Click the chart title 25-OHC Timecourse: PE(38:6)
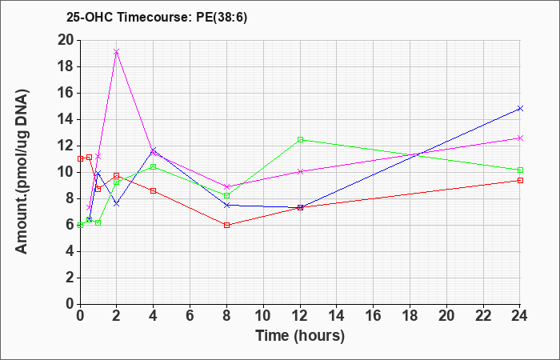click(x=157, y=18)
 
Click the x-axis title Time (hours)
click(x=300, y=336)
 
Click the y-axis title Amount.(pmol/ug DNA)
click(x=22, y=172)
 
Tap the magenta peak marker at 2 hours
click(x=117, y=52)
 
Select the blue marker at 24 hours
click(x=520, y=108)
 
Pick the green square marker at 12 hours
click(x=300, y=140)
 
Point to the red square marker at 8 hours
click(x=226, y=225)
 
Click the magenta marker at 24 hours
click(x=520, y=138)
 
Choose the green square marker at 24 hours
click(x=520, y=170)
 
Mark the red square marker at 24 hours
click(x=520, y=180)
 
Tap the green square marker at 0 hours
click(x=80, y=225)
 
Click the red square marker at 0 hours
click(x=80, y=158)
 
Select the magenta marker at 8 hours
click(x=226, y=186)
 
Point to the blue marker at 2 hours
click(x=117, y=204)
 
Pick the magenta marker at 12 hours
click(x=300, y=171)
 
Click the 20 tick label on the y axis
click(x=66, y=40)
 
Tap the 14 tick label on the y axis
click(x=66, y=120)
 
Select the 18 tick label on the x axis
click(x=410, y=316)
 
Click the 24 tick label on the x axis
click(x=520, y=316)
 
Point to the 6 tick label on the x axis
click(x=190, y=316)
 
